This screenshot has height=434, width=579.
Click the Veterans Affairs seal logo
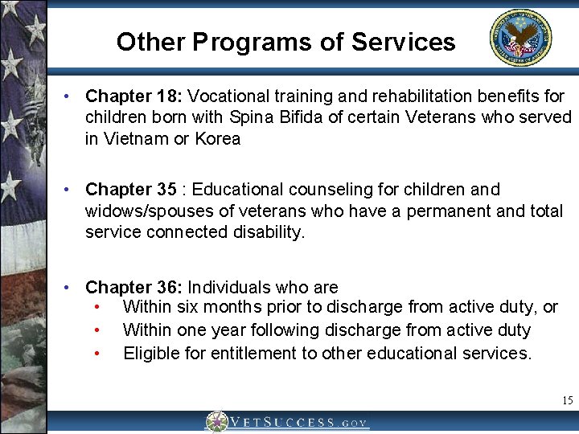pyautogui.click(x=521, y=37)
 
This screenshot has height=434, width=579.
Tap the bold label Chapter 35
pyautogui.click(x=130, y=190)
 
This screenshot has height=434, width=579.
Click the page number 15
pyautogui.click(x=568, y=400)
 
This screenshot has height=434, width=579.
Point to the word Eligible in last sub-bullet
pyautogui.click(x=149, y=352)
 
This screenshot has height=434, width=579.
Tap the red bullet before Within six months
pyautogui.click(x=96, y=308)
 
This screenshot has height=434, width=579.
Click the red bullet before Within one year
pyautogui.click(x=96, y=330)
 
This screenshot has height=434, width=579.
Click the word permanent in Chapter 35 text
pyautogui.click(x=446, y=211)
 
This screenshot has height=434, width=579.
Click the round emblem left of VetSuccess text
pyautogui.click(x=216, y=423)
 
